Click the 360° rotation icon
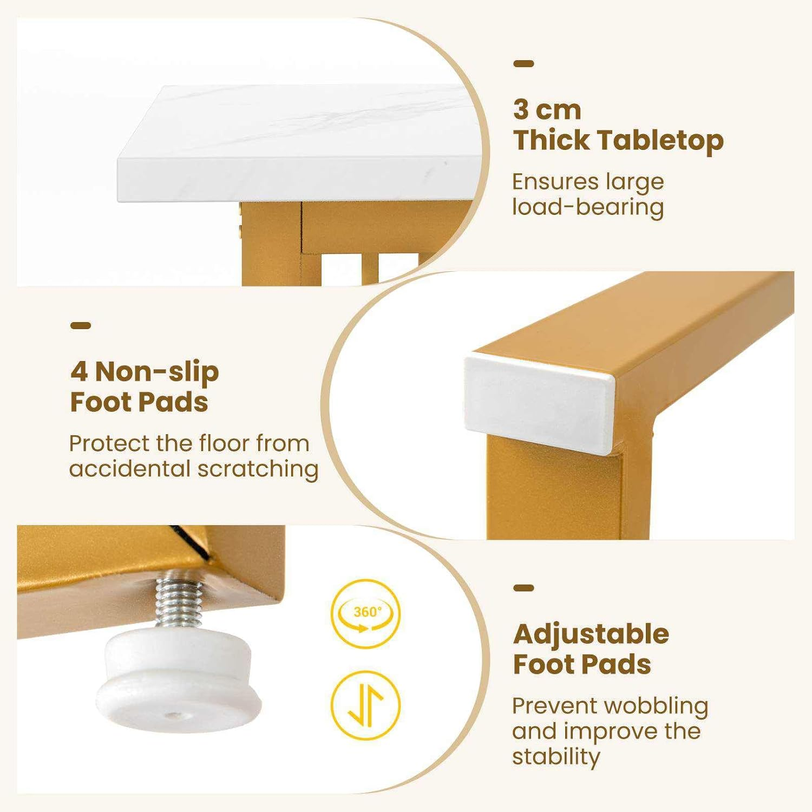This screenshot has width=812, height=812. point(366,613)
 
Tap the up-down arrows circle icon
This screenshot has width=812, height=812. point(366,705)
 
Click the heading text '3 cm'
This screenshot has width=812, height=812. point(547,110)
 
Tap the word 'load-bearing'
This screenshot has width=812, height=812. point(588,207)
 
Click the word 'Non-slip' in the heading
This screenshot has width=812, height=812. point(157,372)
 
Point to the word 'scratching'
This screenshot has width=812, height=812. point(258,469)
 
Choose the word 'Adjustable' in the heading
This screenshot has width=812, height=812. point(591,634)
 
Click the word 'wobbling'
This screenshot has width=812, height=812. point(656,706)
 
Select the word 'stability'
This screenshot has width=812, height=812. point(556,757)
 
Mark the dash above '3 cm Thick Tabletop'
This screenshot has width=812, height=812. point(523,64)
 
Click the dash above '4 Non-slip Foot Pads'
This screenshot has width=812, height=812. point(81,325)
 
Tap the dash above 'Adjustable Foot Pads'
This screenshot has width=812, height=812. point(523,588)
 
